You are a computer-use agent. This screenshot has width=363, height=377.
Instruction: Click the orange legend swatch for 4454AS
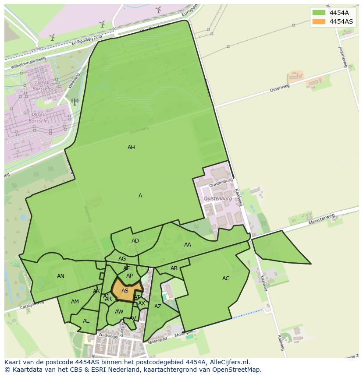pos(319,21)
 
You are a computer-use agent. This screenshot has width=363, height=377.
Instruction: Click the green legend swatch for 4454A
pos(319,13)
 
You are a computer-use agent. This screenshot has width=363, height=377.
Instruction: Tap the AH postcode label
pos(131,148)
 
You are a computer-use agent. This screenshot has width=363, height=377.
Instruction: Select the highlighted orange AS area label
pos(125,291)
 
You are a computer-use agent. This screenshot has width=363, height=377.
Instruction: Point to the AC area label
pos(226,278)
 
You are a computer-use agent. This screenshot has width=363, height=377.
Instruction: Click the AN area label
pos(60,276)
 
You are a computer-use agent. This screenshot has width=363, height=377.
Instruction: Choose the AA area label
pos(188,245)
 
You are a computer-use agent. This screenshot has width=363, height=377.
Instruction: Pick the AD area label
pos(135,241)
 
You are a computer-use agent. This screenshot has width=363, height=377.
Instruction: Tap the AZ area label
pos(158,307)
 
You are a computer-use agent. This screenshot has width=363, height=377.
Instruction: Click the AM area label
pos(75,302)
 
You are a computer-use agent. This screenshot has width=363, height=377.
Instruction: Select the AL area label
pos(86,321)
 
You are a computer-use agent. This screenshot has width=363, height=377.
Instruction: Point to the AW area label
pos(119,312)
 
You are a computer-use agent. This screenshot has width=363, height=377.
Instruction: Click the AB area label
pos(174,268)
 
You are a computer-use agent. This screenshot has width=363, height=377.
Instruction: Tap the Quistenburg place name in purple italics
pos(218,199)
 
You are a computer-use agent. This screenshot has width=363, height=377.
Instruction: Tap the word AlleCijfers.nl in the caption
pos(229,362)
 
